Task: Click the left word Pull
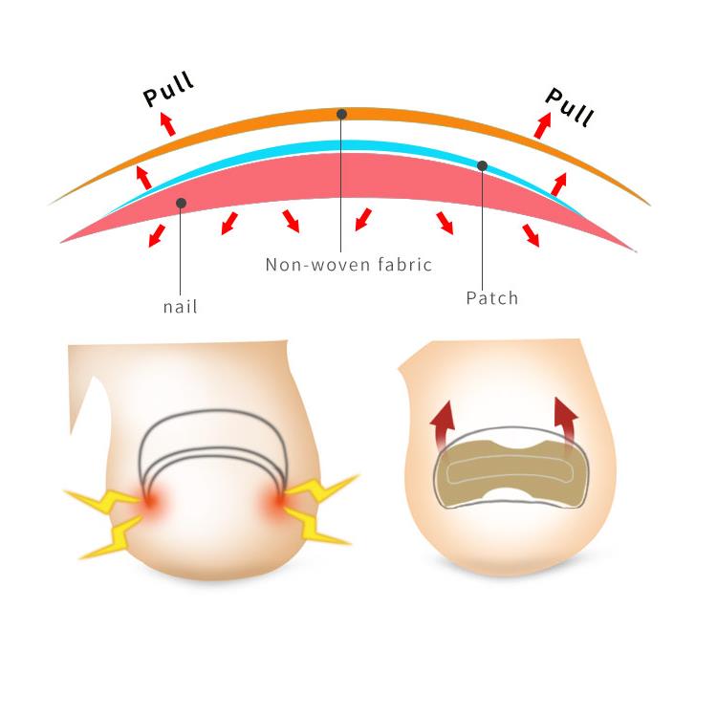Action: [x=168, y=91]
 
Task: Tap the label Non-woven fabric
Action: [x=348, y=265]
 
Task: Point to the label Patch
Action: [x=491, y=298]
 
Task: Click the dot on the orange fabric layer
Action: [x=341, y=114]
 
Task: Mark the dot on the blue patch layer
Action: [x=483, y=165]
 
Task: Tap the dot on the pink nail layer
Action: [x=181, y=202]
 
